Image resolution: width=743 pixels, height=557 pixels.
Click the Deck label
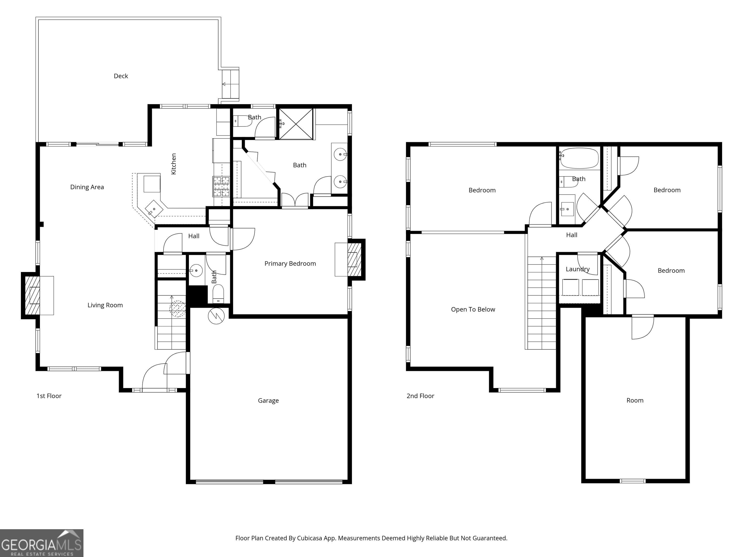tap(121, 76)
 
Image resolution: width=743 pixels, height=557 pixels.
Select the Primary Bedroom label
tap(290, 264)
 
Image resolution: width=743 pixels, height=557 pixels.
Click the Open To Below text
tap(473, 309)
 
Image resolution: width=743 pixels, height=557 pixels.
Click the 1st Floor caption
tap(49, 396)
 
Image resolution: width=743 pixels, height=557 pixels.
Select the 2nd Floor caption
tap(420, 396)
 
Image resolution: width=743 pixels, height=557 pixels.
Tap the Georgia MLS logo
tap(41, 543)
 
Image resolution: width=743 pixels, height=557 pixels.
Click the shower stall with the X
tap(296, 124)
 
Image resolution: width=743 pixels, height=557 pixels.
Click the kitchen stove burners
tap(221, 187)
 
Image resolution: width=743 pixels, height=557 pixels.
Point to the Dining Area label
tap(87, 187)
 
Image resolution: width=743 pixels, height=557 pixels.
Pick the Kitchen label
tap(174, 164)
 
